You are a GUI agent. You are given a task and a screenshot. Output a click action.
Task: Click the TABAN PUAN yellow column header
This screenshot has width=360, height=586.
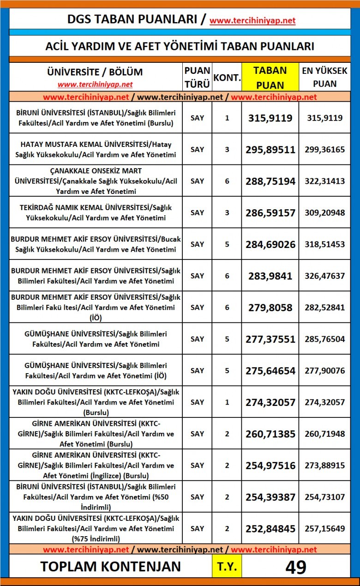click(270, 77)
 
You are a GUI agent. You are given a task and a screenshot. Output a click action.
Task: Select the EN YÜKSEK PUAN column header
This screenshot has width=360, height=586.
click(324, 77)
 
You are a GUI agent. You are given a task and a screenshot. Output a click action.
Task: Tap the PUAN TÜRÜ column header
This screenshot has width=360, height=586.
click(197, 77)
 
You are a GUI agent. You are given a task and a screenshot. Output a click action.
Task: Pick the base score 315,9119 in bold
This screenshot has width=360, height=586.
click(270, 118)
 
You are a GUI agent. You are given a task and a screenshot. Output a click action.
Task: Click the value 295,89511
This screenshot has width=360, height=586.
click(270, 150)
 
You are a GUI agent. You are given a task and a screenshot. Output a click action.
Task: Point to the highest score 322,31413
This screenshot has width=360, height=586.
click(324, 181)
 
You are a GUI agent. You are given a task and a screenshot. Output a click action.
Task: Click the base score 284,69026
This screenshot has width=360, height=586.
click(270, 244)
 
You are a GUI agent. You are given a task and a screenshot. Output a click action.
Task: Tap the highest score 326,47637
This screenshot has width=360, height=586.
click(324, 276)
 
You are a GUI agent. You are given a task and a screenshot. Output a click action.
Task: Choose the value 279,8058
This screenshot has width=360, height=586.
click(270, 307)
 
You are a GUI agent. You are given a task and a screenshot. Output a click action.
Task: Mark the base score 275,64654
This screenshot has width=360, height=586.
click(270, 370)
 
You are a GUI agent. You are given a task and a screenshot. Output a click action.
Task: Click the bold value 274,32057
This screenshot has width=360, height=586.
click(270, 402)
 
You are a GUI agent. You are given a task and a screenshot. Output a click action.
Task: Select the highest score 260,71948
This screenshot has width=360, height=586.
click(324, 434)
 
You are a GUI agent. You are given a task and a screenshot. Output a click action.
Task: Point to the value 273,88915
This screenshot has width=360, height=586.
click(324, 465)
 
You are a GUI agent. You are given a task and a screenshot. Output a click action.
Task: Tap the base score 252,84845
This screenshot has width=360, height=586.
click(270, 528)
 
